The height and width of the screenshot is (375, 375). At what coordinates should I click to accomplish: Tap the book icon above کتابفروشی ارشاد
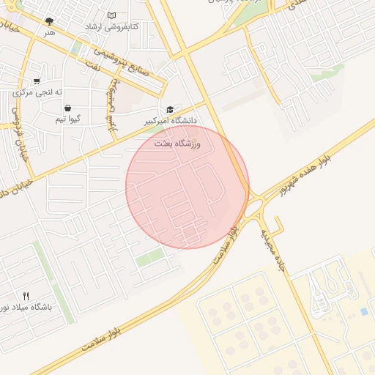[x=111, y=15]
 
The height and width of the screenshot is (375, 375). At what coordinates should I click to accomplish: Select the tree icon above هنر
[x=49, y=21]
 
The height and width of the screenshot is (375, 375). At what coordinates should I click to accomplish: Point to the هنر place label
[x=49, y=32]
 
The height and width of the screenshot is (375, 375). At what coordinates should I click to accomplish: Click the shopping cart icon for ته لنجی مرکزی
[x=37, y=81]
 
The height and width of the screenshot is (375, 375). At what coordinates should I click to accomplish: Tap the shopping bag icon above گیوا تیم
[x=67, y=108]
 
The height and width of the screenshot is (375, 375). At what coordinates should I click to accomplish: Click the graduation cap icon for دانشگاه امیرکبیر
[x=171, y=108]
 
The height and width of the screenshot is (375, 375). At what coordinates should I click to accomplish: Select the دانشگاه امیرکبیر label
[x=172, y=119]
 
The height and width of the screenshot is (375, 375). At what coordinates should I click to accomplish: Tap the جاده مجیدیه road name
[x=274, y=248]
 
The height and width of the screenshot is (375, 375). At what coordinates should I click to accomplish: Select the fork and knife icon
[x=26, y=296]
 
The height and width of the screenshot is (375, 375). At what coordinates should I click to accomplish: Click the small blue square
[x=364, y=312]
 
